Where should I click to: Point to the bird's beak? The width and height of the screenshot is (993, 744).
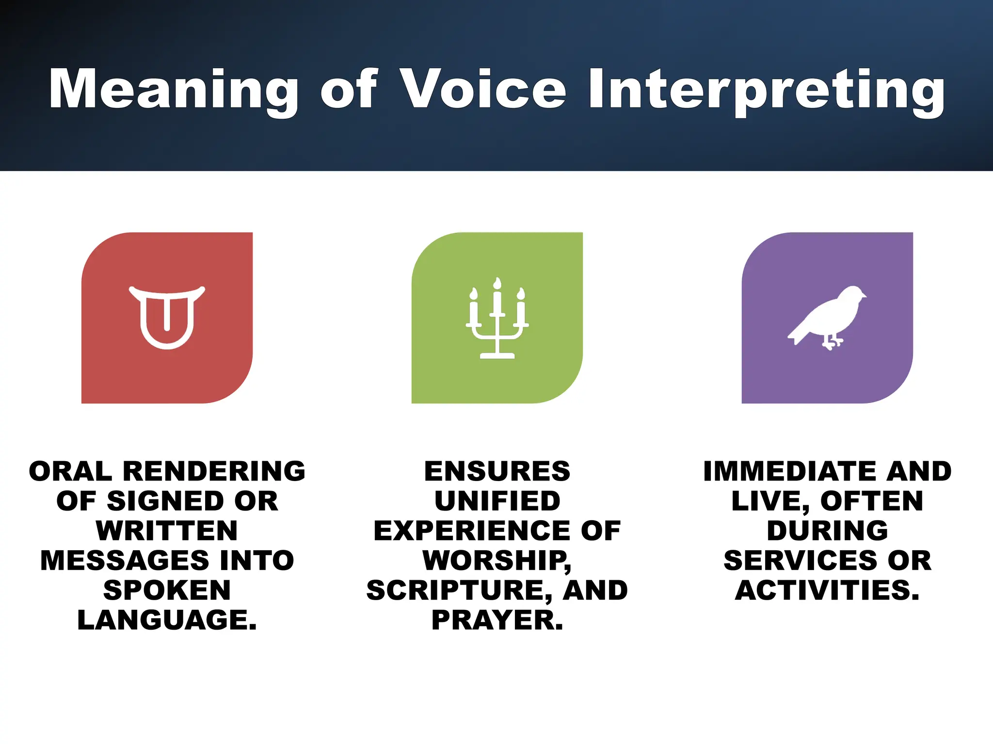(x=864, y=296)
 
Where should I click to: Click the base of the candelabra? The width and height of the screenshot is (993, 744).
(x=497, y=356)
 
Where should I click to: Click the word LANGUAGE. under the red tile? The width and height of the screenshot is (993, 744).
(x=167, y=620)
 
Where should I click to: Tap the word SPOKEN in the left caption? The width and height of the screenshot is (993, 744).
(x=167, y=590)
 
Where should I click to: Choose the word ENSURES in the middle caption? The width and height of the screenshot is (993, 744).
(x=497, y=471)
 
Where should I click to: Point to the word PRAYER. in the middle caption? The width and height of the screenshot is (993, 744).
(x=497, y=620)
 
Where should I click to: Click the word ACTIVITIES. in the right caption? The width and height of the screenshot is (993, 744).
(x=827, y=590)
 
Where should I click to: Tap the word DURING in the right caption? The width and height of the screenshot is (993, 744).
(x=827, y=530)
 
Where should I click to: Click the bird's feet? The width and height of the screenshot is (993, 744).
(x=832, y=343)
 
